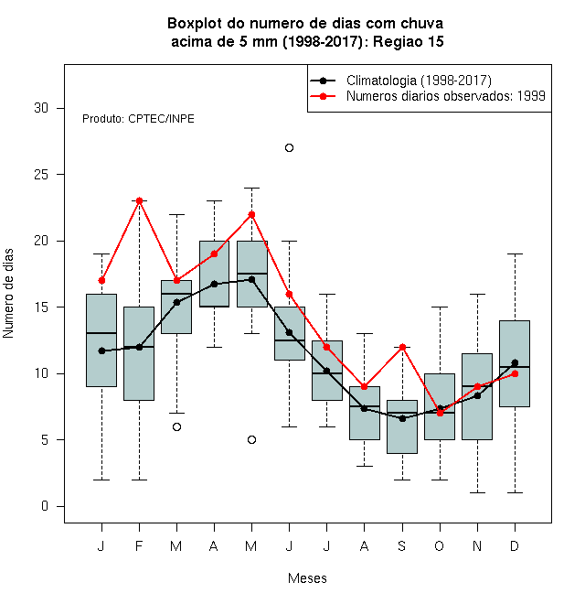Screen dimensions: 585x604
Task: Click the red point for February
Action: pos(139,200)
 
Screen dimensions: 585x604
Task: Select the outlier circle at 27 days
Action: pos(289,148)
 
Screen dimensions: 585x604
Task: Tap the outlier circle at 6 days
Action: pos(176,426)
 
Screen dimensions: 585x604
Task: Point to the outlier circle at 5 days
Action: pos(251,439)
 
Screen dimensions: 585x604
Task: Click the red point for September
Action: pos(402,347)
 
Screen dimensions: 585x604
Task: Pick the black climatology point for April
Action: pos(215,285)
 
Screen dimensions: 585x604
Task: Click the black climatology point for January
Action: pos(101,351)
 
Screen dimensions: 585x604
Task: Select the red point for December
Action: pos(515,373)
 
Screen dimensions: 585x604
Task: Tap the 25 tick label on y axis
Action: pos(41,175)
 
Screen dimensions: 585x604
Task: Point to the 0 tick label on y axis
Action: pos(45,506)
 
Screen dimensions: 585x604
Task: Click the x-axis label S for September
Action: pos(402,545)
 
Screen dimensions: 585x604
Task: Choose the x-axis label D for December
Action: pos(515,545)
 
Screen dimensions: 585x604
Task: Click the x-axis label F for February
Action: pos(139,545)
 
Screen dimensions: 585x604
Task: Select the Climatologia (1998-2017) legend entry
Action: pos(400,81)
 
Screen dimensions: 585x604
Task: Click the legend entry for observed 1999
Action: pos(428,96)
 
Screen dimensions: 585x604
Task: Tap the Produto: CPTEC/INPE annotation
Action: pos(138,119)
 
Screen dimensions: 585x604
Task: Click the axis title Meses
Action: pos(307,578)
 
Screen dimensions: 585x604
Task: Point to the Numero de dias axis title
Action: pos(8,294)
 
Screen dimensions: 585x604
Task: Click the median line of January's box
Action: pos(101,333)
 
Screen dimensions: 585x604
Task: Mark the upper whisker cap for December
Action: pos(515,254)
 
